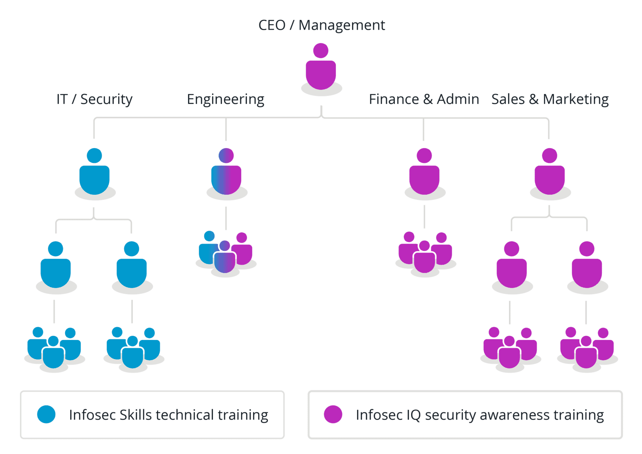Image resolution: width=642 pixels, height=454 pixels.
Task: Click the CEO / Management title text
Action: [321, 25]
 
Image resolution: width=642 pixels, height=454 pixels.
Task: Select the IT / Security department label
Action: [94, 100]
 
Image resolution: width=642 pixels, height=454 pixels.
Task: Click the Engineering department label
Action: [226, 100]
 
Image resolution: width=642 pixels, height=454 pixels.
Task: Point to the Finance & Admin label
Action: [424, 100]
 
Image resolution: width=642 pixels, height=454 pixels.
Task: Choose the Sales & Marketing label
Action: [550, 100]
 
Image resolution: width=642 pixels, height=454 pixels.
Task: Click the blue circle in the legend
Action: [46, 414]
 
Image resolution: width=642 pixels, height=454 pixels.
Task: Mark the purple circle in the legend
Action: [333, 414]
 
